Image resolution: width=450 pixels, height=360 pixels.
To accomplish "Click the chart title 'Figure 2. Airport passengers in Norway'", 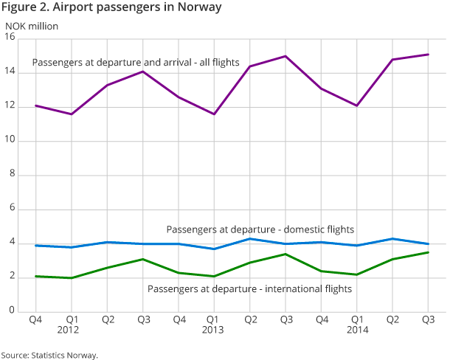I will [x=111, y=8].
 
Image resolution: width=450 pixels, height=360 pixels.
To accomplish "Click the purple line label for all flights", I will [x=136, y=63].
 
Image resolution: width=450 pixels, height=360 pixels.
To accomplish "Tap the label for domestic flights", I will [x=260, y=229].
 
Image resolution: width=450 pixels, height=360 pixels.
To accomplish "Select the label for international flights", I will [x=250, y=288].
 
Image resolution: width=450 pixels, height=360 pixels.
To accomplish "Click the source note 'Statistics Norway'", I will [x=49, y=355].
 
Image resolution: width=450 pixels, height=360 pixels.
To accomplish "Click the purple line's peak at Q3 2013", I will [x=285, y=56].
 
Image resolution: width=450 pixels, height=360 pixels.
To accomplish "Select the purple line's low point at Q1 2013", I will [x=214, y=114].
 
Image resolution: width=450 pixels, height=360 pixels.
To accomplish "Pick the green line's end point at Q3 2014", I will [x=428, y=252].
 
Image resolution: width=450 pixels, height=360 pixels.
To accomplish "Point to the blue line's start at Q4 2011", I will [x=35, y=246].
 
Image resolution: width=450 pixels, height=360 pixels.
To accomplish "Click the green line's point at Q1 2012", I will [x=72, y=278].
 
